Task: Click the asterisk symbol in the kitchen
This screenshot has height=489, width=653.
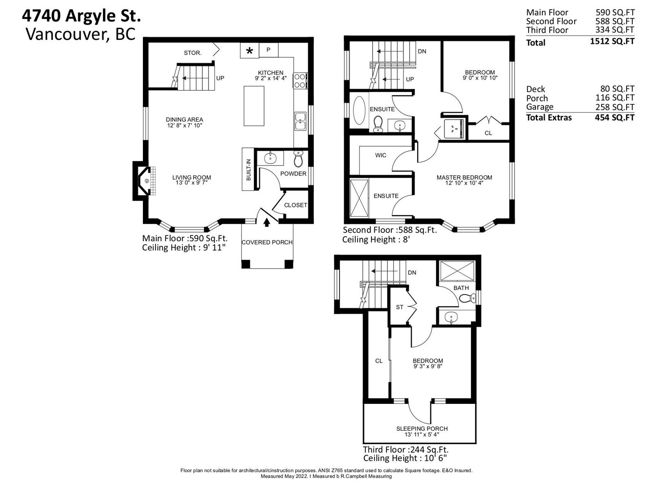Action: [250, 51]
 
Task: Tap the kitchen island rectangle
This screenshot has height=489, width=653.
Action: [254, 106]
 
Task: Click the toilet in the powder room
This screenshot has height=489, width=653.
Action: [298, 159]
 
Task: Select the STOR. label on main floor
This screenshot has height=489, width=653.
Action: [193, 53]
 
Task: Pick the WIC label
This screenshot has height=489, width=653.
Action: [380, 155]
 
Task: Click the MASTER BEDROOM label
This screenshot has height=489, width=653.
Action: [464, 178]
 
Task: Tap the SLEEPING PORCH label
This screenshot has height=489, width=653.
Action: [422, 429]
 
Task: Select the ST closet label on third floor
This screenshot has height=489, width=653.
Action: [400, 307]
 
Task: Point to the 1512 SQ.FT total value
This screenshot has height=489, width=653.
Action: [612, 41]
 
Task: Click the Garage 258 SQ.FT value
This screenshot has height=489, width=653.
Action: [614, 107]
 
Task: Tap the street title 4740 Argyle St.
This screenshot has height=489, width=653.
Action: [81, 16]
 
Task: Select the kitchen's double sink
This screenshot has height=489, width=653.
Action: [300, 121]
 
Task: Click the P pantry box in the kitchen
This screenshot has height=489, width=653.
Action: [269, 50]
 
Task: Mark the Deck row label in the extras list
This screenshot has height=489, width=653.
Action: [535, 89]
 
